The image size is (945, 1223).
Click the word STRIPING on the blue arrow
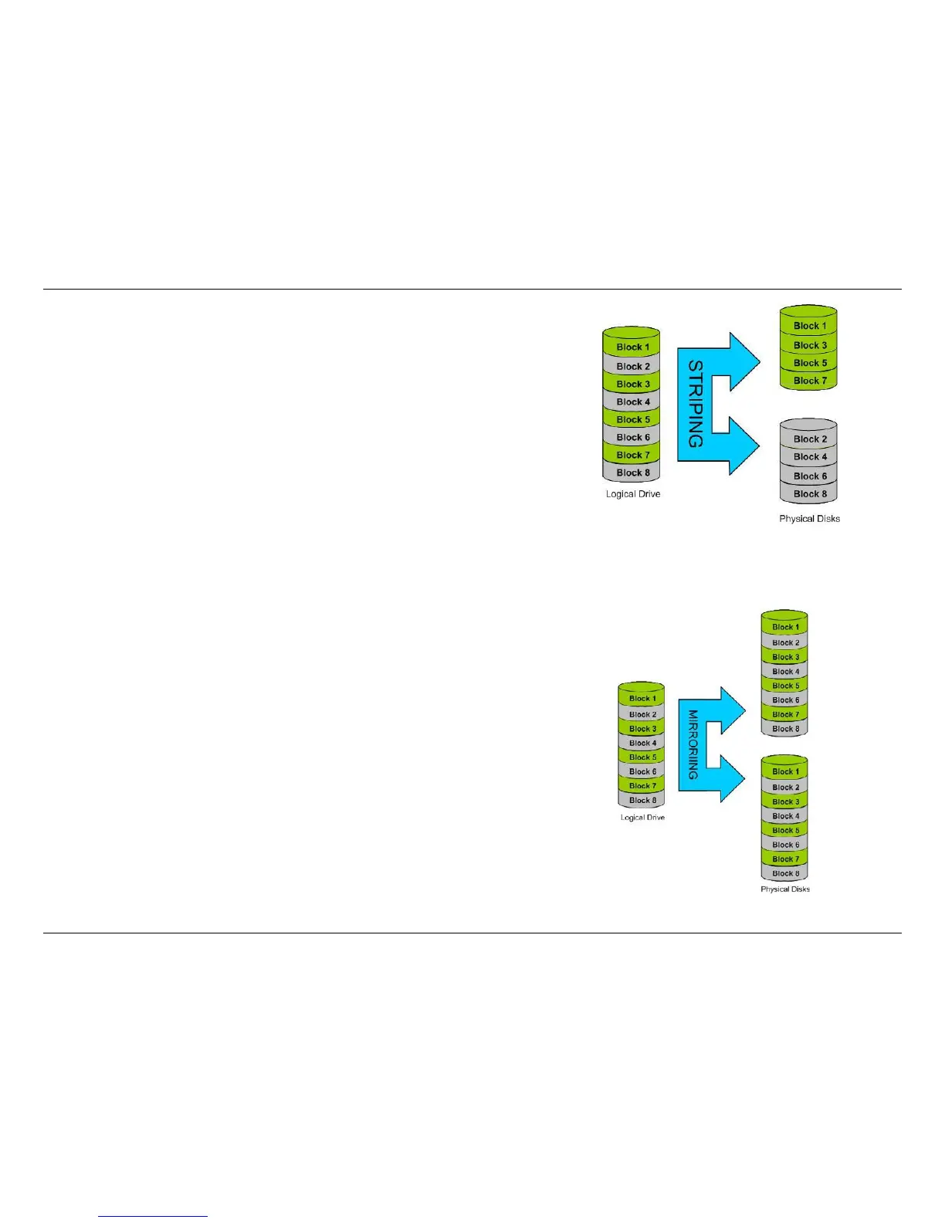696,404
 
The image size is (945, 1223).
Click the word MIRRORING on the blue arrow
693,744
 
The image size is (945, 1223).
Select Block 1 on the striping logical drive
633,347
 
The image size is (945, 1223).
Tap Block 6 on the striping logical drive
633,437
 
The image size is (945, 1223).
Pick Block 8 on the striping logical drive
633,473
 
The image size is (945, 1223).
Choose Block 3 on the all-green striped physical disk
810,345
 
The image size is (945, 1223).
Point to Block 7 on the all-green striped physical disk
810,381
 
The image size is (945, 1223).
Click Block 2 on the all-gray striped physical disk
810,439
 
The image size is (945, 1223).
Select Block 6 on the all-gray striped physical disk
810,476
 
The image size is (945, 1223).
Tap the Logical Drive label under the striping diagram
633,494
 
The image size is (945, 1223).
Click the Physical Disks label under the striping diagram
809,519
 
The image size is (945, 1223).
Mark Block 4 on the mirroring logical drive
642,743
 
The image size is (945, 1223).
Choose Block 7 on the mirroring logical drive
642,786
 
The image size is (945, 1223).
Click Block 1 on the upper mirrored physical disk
786,628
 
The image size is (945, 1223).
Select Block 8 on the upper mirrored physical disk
786,729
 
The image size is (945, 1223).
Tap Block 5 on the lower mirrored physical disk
786,831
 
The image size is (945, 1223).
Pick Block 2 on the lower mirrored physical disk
786,788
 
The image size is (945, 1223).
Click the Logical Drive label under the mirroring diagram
642,818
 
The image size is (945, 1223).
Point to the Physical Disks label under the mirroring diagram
785,889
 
